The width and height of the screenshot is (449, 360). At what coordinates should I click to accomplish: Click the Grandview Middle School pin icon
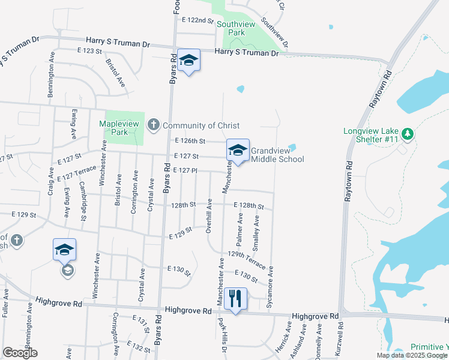tap(238, 151)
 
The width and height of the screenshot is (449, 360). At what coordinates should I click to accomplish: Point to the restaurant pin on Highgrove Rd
tap(235, 299)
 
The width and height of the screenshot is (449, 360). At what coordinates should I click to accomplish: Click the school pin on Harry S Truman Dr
tap(188, 60)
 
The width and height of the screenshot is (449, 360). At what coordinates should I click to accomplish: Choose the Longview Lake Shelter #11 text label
tap(372, 135)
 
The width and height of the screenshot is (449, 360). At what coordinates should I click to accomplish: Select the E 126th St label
tap(190, 141)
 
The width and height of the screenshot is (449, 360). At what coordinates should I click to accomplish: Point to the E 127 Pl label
tap(185, 170)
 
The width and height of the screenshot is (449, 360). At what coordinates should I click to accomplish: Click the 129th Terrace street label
tap(247, 260)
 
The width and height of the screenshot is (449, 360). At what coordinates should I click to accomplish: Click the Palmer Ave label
tap(240, 233)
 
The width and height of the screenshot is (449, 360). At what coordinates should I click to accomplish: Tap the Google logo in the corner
tap(20, 353)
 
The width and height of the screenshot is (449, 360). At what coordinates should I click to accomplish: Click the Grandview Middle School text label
tap(277, 155)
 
